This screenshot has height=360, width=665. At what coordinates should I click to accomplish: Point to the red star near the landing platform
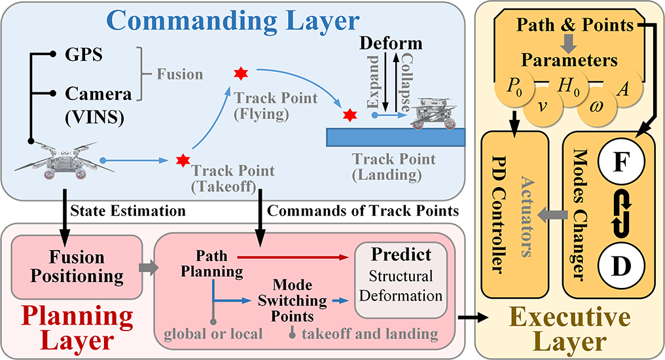[x=350, y=115]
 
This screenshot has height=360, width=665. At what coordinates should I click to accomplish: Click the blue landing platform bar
[x=398, y=135]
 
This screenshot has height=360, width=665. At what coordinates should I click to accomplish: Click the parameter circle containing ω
[x=596, y=106]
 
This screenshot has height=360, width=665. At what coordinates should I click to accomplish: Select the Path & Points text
[x=574, y=26]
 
